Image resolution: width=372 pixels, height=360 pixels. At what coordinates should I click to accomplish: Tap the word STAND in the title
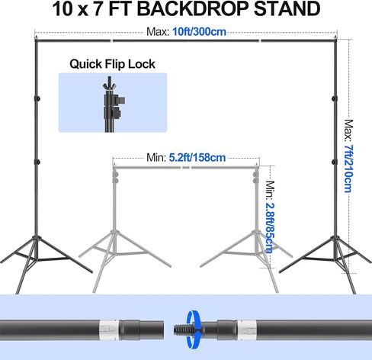287,9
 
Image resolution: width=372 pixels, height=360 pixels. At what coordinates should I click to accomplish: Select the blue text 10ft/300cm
199,32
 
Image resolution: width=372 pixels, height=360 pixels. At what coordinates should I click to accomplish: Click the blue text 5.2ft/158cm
197,158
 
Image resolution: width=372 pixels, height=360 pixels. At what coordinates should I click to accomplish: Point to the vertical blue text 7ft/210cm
348,169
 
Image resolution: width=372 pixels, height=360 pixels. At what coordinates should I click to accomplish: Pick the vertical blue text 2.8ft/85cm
270,228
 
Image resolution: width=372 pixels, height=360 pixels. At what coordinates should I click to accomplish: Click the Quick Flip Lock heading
112,64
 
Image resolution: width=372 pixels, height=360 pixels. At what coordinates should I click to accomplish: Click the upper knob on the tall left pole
37,98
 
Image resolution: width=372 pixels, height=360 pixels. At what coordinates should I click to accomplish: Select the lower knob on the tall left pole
37,162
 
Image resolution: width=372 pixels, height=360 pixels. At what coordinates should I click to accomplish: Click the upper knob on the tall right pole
335,98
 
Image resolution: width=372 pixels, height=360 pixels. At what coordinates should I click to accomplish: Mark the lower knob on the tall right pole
335,162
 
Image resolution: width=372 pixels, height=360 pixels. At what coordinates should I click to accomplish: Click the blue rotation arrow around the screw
193,329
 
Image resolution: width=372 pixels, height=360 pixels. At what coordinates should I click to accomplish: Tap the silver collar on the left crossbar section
109,329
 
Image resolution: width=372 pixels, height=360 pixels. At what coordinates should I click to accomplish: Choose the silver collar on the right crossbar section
247,329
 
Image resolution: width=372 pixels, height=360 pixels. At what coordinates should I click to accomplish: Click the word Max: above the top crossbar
158,32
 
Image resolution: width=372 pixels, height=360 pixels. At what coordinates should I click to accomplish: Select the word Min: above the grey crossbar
156,158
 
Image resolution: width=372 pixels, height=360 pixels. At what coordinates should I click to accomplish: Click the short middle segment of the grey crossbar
186,168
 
